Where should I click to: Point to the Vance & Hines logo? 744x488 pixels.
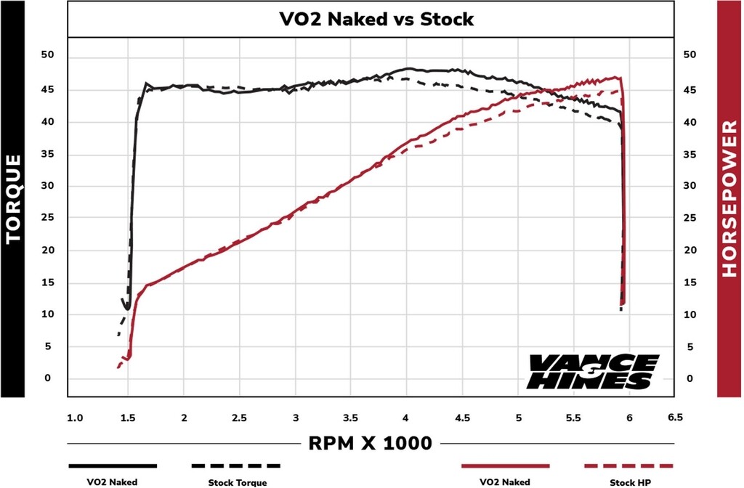590,371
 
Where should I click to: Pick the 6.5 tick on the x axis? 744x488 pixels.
676,418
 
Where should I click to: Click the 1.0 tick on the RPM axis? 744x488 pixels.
75,418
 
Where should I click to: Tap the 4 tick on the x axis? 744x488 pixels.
406,418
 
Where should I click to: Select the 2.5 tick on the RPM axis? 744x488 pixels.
240,418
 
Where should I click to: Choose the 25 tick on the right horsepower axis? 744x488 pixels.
690,218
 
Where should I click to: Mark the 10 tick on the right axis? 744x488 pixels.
690,314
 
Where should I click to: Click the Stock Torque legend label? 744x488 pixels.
238,482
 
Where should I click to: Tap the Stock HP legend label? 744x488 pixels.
629,482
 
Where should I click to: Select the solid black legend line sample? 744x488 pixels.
113,465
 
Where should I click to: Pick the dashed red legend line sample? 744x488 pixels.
629,465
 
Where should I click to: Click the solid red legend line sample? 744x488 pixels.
506,465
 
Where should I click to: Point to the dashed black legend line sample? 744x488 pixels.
236,465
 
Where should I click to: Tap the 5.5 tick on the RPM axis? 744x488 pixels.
573,418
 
